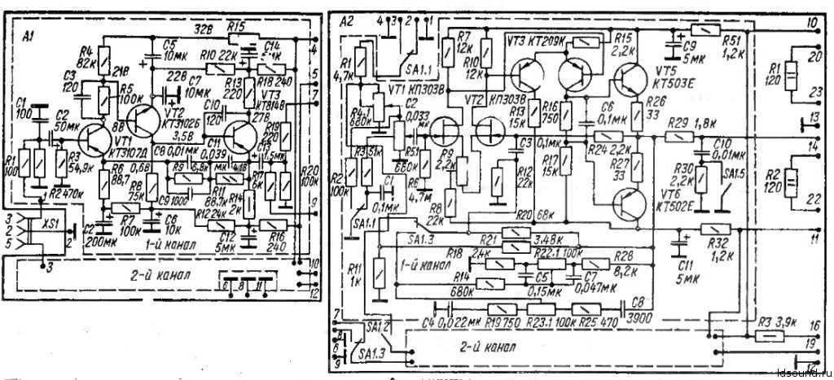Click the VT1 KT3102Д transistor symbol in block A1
point(97,143)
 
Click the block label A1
point(29,36)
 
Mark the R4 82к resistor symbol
point(103,59)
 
